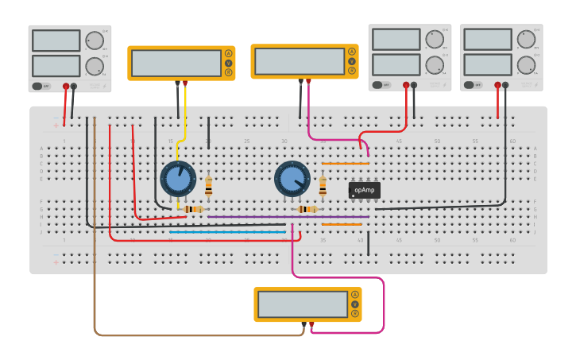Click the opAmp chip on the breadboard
365,190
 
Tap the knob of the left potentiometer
178,179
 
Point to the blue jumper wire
226,232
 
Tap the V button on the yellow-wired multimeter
229,63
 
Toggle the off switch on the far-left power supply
41,86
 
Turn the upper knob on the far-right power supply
527,40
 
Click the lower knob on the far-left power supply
95,66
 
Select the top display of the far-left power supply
56,41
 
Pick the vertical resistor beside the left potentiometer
209,186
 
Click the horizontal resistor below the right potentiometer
307,209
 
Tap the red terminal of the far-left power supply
66,86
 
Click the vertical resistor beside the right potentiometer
323,186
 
